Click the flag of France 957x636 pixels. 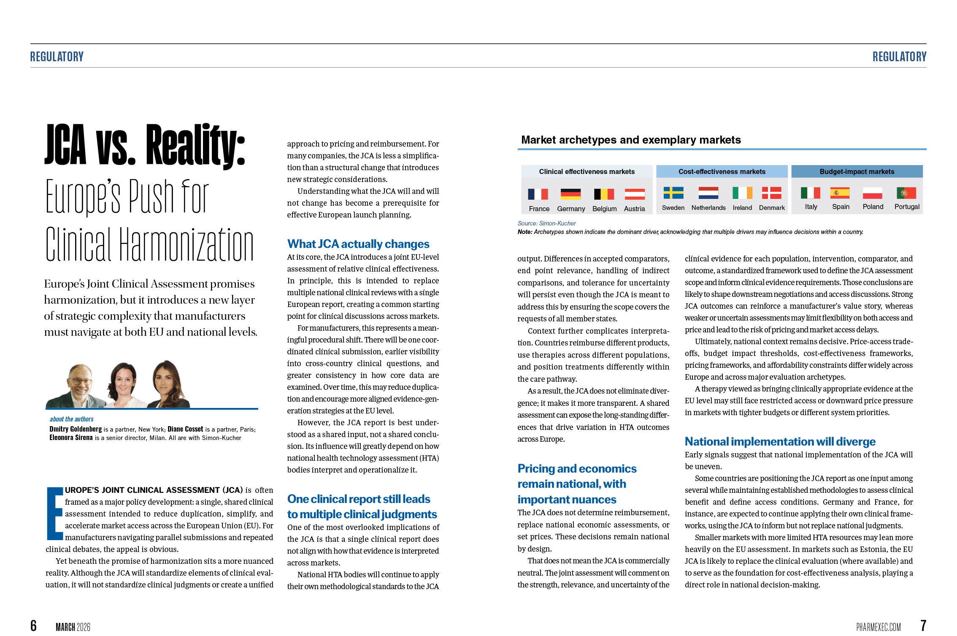pyautogui.click(x=538, y=194)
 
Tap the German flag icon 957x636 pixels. pyautogui.click(x=570, y=194)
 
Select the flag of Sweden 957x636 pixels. pyautogui.click(x=673, y=193)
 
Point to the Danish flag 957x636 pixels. pyautogui.click(x=771, y=193)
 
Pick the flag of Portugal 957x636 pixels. pyautogui.click(x=906, y=193)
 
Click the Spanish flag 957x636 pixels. pyautogui.click(x=840, y=193)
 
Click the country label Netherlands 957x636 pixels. pyautogui.click(x=708, y=208)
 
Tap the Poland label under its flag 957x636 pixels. pyautogui.click(x=873, y=207)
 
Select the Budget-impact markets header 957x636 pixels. pyautogui.click(x=857, y=171)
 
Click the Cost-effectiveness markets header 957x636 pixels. pyautogui.click(x=722, y=171)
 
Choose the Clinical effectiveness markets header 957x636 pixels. pyautogui.click(x=587, y=171)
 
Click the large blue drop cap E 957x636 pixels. pyautogui.click(x=54, y=513)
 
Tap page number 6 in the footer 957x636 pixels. pyautogui.click(x=33, y=625)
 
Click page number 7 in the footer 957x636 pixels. pyautogui.click(x=923, y=625)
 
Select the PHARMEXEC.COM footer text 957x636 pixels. pyautogui.click(x=878, y=627)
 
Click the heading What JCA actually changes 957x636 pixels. pyautogui.click(x=358, y=244)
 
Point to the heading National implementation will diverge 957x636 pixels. pyautogui.click(x=780, y=442)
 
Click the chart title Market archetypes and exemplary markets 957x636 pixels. pyautogui.click(x=631, y=140)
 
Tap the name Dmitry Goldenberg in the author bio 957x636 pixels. pyautogui.click(x=76, y=429)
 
